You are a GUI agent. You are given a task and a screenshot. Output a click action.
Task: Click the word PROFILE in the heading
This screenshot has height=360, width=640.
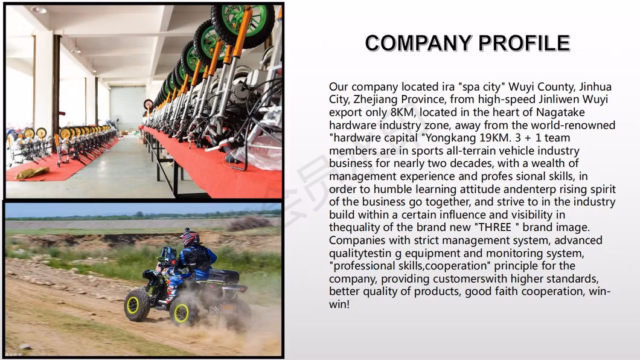(x=524, y=43)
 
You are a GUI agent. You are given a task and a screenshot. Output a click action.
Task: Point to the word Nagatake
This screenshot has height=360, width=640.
(x=560, y=112)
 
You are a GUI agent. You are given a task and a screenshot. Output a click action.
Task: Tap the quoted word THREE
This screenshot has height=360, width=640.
(x=494, y=227)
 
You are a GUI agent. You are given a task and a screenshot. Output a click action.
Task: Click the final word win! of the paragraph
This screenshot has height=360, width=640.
(x=339, y=304)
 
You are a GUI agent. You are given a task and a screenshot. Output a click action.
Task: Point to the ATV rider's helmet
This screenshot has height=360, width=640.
(x=190, y=237)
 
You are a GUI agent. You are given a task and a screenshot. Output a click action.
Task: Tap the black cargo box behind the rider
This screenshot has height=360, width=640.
(x=223, y=276)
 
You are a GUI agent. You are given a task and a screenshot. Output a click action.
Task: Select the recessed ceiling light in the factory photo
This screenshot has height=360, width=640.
(x=38, y=10)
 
